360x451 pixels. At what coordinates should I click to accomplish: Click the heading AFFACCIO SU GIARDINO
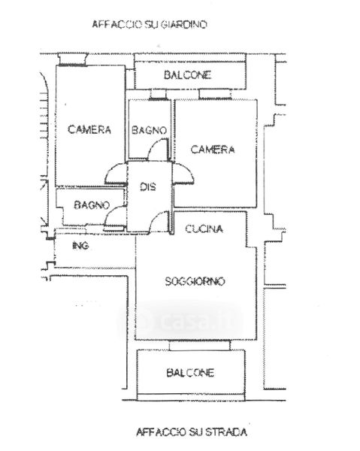pyautogui.click(x=150, y=25)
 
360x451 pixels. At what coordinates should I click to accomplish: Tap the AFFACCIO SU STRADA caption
pyautogui.click(x=192, y=432)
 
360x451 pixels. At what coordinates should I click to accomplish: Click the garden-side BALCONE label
pyautogui.click(x=187, y=75)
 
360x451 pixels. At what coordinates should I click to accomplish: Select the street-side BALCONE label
pyautogui.click(x=190, y=373)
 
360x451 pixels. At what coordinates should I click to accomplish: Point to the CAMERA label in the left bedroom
pyautogui.click(x=89, y=129)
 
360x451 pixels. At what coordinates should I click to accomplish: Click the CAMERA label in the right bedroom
pyautogui.click(x=213, y=150)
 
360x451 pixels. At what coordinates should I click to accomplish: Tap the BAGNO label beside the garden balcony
pyautogui.click(x=149, y=130)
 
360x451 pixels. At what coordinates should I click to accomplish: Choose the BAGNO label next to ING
pyautogui.click(x=92, y=205)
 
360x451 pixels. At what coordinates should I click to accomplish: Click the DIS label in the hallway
pyautogui.click(x=148, y=187)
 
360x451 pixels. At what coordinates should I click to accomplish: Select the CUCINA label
pyautogui.click(x=204, y=229)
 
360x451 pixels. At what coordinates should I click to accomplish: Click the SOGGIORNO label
pyautogui.click(x=195, y=281)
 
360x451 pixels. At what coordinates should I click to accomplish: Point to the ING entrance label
pyautogui.click(x=80, y=246)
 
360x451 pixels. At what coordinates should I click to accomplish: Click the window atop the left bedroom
pyautogui.click(x=72, y=59)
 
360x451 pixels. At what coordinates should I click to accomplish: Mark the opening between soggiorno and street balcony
pyautogui.click(x=200, y=345)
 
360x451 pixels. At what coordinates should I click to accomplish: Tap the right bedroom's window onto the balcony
pyautogui.click(x=215, y=95)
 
